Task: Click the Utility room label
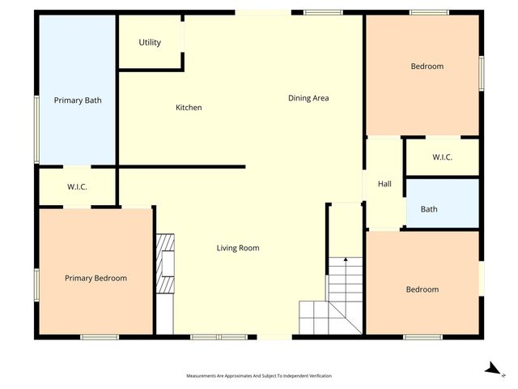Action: [150, 43]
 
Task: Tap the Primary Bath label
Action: [78, 100]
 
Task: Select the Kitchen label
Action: [189, 108]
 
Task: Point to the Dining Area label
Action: [308, 98]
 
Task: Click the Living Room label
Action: [238, 248]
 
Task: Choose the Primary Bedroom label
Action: [96, 278]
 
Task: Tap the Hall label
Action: [384, 184]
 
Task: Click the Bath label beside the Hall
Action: [429, 209]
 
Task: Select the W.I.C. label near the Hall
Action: [442, 157]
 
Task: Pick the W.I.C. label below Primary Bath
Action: [77, 187]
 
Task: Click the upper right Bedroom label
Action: [427, 66]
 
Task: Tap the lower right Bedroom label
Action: [422, 289]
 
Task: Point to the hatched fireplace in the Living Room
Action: [165, 264]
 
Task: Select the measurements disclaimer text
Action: [258, 376]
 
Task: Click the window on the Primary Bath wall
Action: [36, 130]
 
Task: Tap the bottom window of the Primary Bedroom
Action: [100, 336]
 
